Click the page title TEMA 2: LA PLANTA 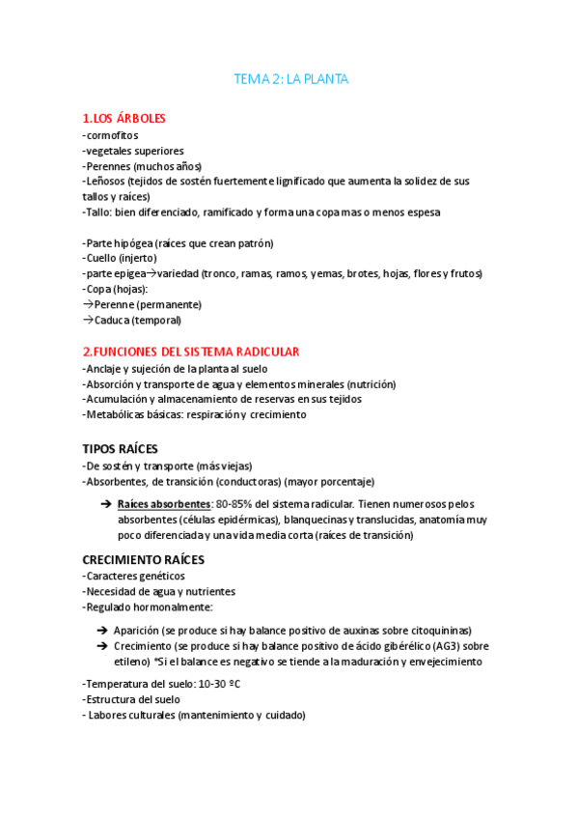click(x=290, y=78)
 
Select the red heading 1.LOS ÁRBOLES click(x=124, y=119)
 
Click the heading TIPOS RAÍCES click(x=120, y=449)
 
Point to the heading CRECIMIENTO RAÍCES click(x=142, y=559)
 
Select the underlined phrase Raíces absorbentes click(x=163, y=504)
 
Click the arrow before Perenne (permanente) click(x=88, y=304)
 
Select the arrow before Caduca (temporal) click(x=88, y=320)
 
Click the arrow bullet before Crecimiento click(x=102, y=646)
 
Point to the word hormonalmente click(x=172, y=607)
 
